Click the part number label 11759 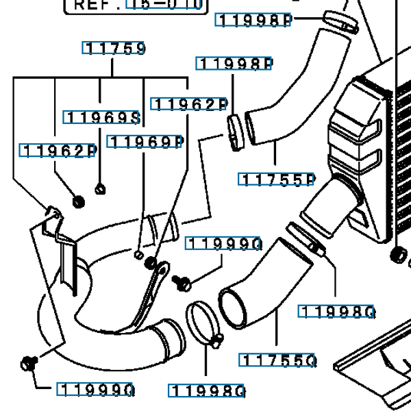[x=114, y=48]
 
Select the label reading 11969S [x=102, y=118]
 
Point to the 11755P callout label [x=276, y=179]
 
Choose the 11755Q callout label [x=277, y=360]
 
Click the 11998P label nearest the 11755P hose [x=235, y=64]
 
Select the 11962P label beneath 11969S [x=58, y=151]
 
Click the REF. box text [x=136, y=5]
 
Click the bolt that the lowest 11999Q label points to [x=28, y=362]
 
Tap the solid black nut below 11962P [x=78, y=201]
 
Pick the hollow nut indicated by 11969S [x=100, y=188]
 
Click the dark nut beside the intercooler [x=397, y=255]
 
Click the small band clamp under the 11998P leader [x=235, y=130]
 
